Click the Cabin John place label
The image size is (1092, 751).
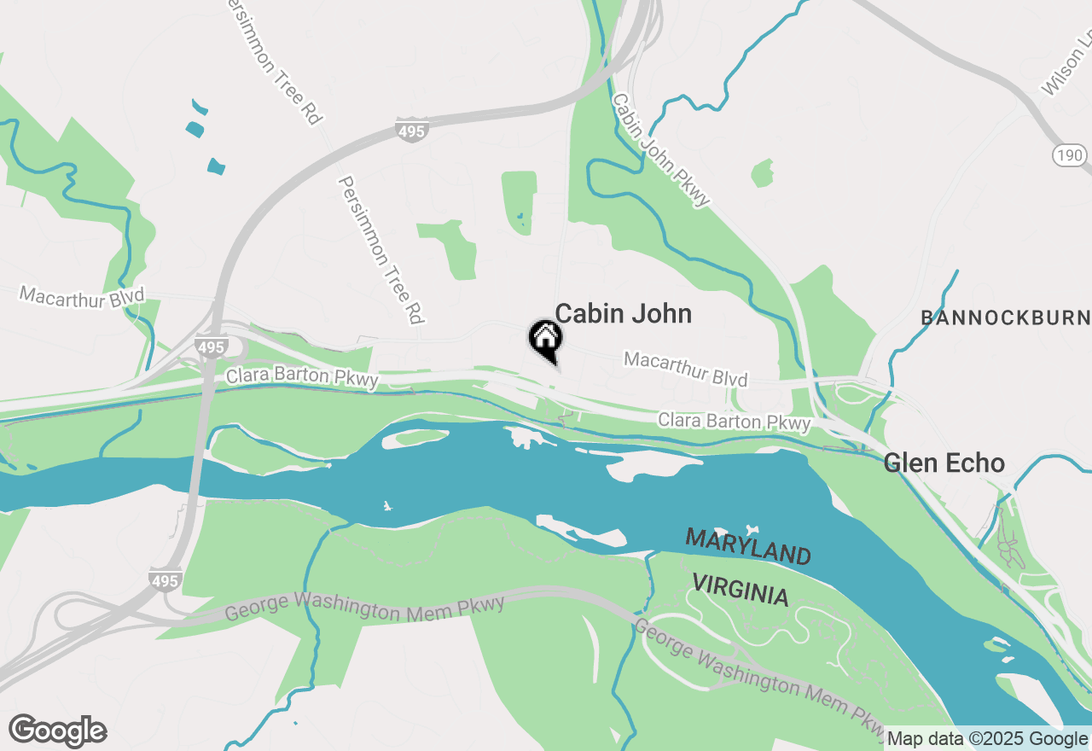point(623,314)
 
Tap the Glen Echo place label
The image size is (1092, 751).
point(944,463)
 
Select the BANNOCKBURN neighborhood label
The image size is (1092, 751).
point(1005,318)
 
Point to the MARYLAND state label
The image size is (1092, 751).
point(748,546)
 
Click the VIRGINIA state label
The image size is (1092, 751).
point(740,590)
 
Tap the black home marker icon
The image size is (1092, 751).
point(545,340)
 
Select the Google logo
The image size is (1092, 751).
point(57,731)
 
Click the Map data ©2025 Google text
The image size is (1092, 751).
point(987,739)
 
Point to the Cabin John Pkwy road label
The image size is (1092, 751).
point(661,149)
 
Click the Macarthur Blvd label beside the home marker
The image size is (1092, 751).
point(686,369)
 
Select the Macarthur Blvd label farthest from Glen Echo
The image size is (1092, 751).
point(82,296)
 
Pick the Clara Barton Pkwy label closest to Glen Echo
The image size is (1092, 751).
point(734,422)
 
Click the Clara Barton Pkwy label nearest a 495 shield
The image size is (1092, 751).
point(301,376)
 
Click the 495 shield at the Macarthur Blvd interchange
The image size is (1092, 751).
point(210,347)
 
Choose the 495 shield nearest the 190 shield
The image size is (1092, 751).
point(411,131)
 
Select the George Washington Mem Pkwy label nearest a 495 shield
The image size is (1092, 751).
point(364,608)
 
